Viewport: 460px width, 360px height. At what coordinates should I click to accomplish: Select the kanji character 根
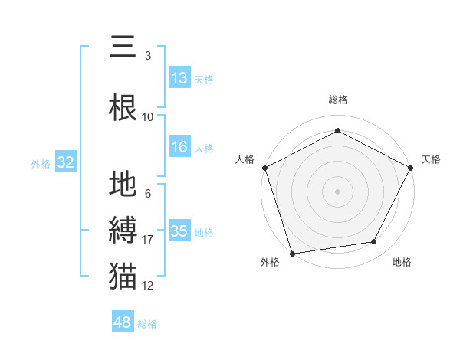click(x=123, y=106)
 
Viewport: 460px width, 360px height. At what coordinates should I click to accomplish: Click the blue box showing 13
click(x=179, y=78)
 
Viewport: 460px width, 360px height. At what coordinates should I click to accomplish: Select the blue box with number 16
click(x=179, y=148)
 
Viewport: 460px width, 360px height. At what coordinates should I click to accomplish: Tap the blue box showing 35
click(x=179, y=231)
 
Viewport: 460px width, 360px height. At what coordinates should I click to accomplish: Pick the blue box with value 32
click(x=65, y=162)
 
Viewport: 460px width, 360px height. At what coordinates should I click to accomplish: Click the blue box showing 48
click(x=123, y=322)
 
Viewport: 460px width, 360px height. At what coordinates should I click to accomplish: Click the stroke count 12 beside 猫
click(x=148, y=286)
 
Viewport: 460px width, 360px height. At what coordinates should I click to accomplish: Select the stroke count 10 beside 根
click(x=148, y=117)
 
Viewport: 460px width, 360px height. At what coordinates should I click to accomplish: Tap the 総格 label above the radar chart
click(x=338, y=100)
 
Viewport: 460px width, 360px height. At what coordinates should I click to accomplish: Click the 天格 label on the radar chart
click(x=432, y=159)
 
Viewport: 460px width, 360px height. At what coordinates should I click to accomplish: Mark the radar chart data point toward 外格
click(x=293, y=252)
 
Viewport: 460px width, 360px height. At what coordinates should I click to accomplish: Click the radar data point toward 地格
click(x=374, y=242)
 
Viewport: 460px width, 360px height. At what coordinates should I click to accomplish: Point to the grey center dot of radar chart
click(x=338, y=191)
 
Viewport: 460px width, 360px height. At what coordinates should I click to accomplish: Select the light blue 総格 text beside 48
click(x=148, y=324)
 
